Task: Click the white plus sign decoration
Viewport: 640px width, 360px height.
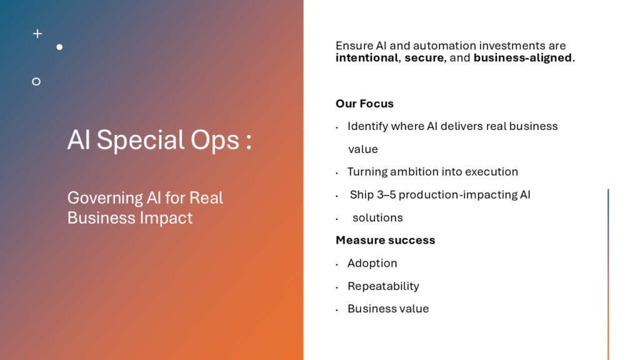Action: click(x=37, y=34)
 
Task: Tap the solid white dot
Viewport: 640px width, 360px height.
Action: click(x=59, y=47)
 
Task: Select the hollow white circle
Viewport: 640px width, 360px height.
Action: click(x=36, y=82)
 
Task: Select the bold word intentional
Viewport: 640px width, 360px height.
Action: click(x=366, y=58)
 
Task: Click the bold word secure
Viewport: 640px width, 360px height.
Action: click(x=424, y=58)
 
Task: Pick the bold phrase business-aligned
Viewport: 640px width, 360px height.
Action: click(x=522, y=58)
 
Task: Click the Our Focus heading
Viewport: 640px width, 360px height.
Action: click(x=364, y=104)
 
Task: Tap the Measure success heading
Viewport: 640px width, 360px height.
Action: click(x=385, y=240)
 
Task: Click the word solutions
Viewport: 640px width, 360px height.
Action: click(x=377, y=218)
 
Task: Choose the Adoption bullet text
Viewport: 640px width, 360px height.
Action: click(x=372, y=263)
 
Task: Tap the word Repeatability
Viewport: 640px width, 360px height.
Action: click(x=383, y=286)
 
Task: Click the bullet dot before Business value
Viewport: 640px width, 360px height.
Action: click(x=337, y=310)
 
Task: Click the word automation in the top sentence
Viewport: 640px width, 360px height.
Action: click(x=444, y=45)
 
